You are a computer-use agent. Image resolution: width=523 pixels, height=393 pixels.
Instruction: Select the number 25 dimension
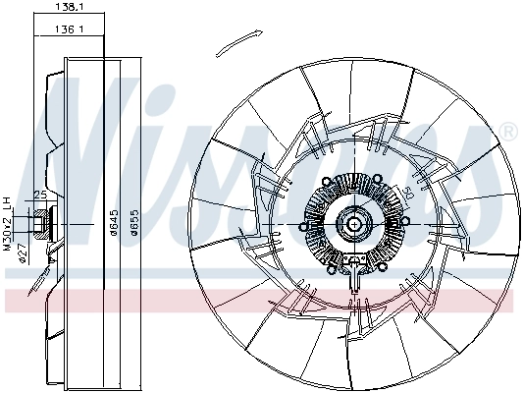pos(40,195)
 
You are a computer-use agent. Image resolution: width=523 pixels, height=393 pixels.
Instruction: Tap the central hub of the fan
pos(352,225)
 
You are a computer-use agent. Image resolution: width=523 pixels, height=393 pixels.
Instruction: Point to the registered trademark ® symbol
pos(507,131)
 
